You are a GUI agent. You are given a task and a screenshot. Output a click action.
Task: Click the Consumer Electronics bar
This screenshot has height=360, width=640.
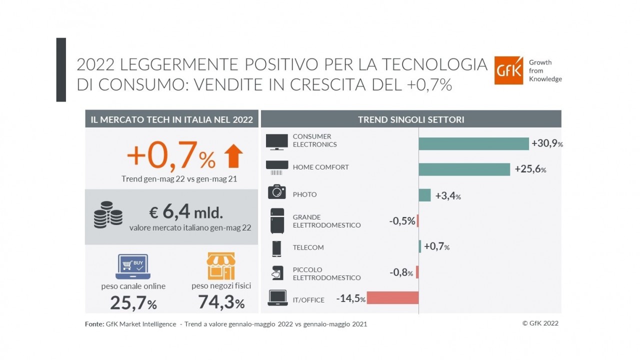click(473, 143)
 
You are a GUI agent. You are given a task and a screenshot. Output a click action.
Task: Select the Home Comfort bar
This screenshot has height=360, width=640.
click(464, 169)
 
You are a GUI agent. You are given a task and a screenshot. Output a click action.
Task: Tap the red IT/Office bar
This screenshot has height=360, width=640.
click(392, 297)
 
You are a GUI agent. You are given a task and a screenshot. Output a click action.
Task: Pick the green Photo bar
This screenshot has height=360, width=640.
click(424, 195)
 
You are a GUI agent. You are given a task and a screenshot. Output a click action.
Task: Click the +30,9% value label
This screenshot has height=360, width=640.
click(547, 143)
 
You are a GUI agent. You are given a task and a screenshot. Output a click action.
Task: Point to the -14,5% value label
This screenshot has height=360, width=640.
click(351, 299)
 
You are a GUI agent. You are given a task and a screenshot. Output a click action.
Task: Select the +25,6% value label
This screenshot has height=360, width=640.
click(530, 170)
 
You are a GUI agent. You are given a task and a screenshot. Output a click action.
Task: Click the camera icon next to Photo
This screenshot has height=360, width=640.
click(276, 192)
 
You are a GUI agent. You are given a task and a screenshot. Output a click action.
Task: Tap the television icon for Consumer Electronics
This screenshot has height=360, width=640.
click(276, 141)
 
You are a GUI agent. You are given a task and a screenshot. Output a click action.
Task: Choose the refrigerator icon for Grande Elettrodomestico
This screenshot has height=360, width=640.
click(277, 220)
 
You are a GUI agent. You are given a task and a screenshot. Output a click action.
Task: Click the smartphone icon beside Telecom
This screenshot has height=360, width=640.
click(276, 248)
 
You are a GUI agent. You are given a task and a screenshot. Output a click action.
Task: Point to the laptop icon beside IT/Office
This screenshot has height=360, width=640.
click(277, 298)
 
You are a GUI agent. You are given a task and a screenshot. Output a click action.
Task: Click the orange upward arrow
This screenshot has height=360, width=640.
click(233, 156)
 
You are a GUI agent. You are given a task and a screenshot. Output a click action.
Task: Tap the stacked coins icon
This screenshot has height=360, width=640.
click(108, 215)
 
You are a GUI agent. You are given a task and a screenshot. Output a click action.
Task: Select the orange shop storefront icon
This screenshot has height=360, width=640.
click(221, 266)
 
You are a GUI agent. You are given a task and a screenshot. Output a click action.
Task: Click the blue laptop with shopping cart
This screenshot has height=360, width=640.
click(133, 266)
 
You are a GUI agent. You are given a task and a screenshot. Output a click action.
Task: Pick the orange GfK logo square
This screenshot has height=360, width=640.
click(508, 70)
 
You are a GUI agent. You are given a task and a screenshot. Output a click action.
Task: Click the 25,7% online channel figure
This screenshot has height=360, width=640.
click(133, 302)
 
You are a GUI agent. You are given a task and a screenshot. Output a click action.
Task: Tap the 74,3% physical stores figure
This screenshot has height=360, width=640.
click(221, 302)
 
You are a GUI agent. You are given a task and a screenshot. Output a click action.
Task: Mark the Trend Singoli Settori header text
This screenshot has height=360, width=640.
click(411, 119)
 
